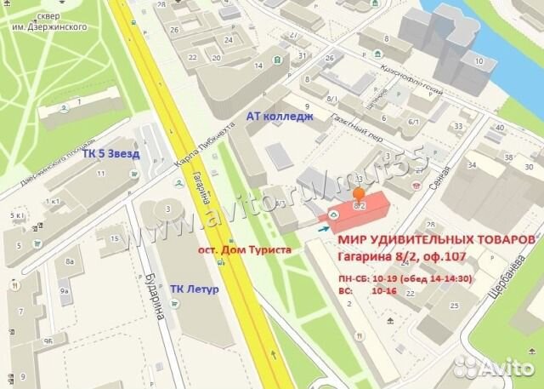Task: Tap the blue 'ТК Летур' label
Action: coord(195,289)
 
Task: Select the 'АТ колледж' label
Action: coord(280,116)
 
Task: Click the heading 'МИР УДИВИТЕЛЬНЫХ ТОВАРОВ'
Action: coord(431,241)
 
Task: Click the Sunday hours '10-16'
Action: coord(383,291)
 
